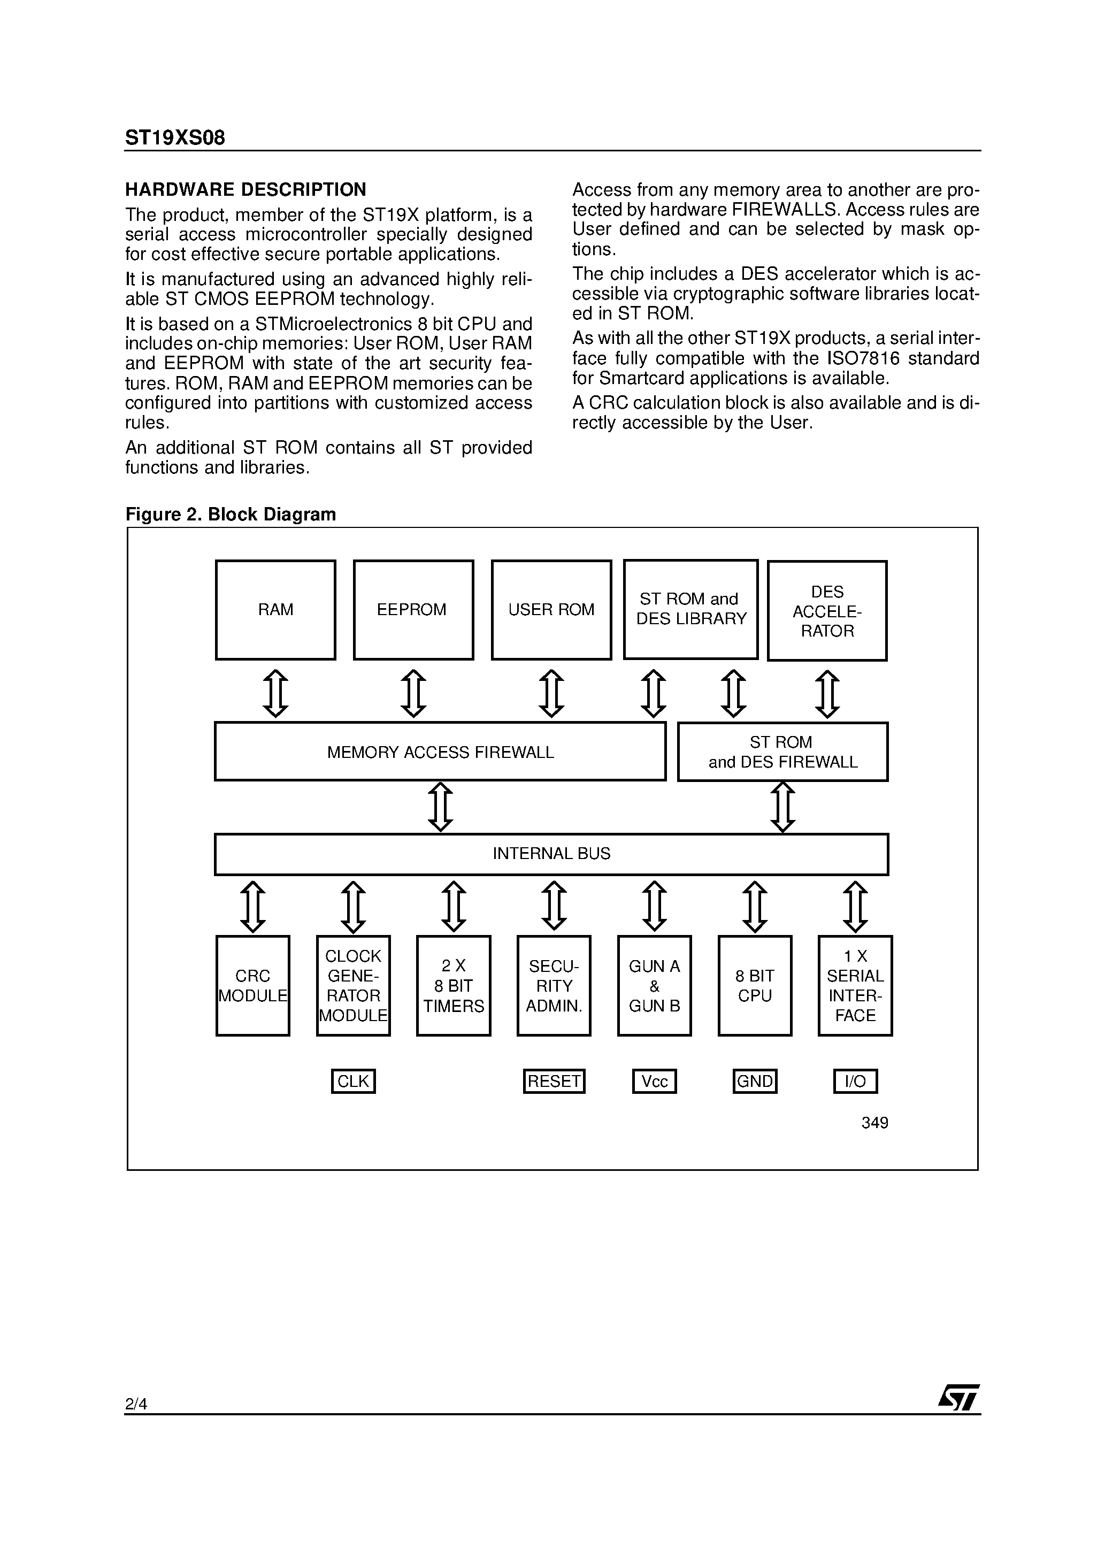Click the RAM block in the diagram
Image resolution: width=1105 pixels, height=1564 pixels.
point(275,610)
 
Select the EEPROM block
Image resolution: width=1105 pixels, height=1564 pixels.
point(413,610)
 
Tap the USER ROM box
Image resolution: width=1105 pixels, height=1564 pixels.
point(551,610)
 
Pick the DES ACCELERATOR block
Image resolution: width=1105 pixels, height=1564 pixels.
point(827,611)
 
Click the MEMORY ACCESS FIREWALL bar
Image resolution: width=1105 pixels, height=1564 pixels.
point(440,752)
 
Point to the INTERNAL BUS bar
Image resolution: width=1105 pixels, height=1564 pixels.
point(551,854)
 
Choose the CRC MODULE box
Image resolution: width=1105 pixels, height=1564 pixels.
point(253,986)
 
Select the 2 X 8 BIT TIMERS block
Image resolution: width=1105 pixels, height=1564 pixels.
point(454,986)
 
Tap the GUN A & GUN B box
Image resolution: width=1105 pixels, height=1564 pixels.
point(654,986)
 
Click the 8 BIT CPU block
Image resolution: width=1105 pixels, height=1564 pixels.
point(755,986)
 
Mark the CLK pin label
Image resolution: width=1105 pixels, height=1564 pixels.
point(353,1081)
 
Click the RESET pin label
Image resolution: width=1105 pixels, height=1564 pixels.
point(554,1081)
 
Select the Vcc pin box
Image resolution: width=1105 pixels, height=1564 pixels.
point(654,1081)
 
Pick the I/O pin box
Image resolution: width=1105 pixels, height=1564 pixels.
point(855,1081)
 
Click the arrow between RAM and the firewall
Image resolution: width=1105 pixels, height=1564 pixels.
point(275,693)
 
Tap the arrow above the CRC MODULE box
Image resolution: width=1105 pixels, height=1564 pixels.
point(253,907)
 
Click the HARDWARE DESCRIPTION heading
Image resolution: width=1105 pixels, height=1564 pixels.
point(245,189)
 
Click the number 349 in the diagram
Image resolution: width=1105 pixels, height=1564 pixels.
point(874,1123)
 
